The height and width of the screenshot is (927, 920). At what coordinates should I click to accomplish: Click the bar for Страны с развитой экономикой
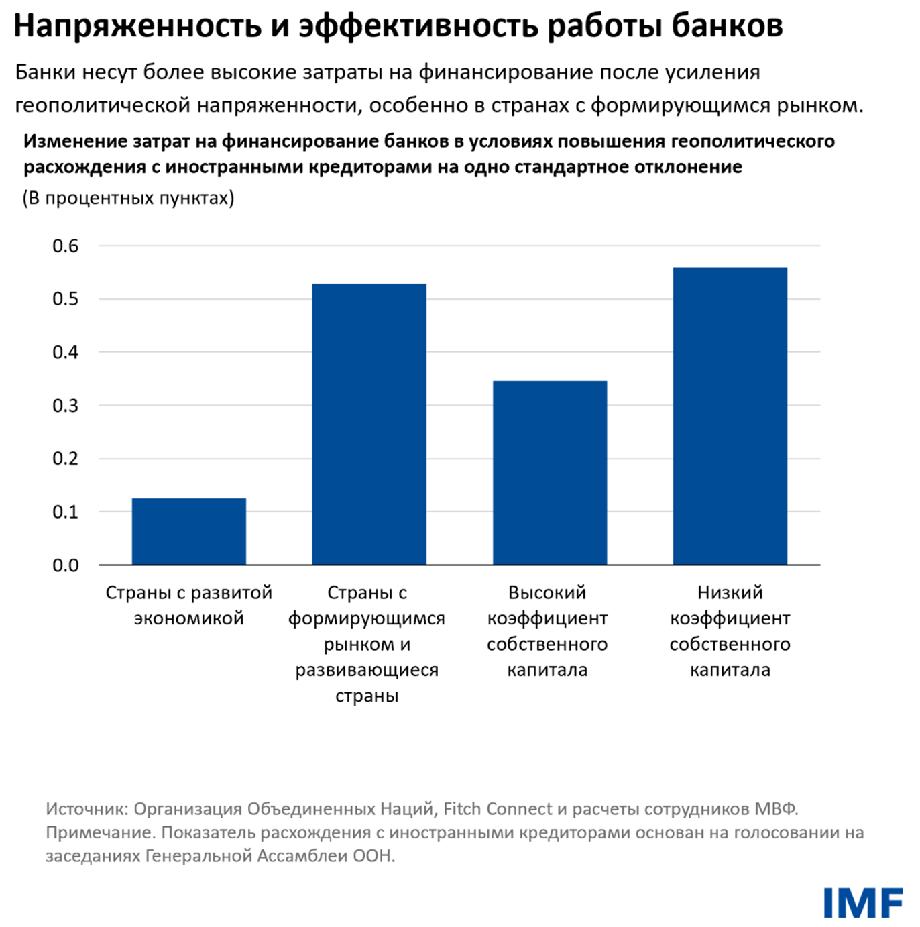pyautogui.click(x=189, y=531)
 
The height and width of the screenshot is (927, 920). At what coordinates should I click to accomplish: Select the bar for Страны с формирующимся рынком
pyautogui.click(x=369, y=424)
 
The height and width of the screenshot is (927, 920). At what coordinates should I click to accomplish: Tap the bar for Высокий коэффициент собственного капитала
pyautogui.click(x=550, y=473)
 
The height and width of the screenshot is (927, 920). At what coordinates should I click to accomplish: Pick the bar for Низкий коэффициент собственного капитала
pyautogui.click(x=730, y=416)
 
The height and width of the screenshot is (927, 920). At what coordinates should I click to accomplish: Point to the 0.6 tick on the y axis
pyautogui.click(x=66, y=246)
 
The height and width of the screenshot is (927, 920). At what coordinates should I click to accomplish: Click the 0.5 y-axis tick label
pyautogui.click(x=66, y=299)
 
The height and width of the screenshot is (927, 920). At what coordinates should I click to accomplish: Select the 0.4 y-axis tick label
pyautogui.click(x=66, y=352)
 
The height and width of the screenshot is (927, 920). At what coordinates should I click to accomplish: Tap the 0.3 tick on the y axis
pyautogui.click(x=66, y=406)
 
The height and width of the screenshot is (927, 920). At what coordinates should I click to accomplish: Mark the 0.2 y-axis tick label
pyautogui.click(x=66, y=459)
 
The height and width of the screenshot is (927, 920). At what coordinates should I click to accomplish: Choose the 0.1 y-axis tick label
pyautogui.click(x=66, y=512)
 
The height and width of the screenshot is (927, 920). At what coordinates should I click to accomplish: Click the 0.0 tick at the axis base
pyautogui.click(x=66, y=565)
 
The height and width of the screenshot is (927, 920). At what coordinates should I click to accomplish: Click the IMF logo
pyautogui.click(x=862, y=903)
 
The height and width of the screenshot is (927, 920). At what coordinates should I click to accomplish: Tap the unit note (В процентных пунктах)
pyautogui.click(x=129, y=198)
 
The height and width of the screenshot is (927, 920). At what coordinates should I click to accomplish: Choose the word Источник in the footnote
pyautogui.click(x=86, y=809)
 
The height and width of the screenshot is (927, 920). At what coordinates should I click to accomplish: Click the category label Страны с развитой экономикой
pyautogui.click(x=189, y=605)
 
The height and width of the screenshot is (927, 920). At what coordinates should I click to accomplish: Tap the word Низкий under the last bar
pyautogui.click(x=730, y=592)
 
